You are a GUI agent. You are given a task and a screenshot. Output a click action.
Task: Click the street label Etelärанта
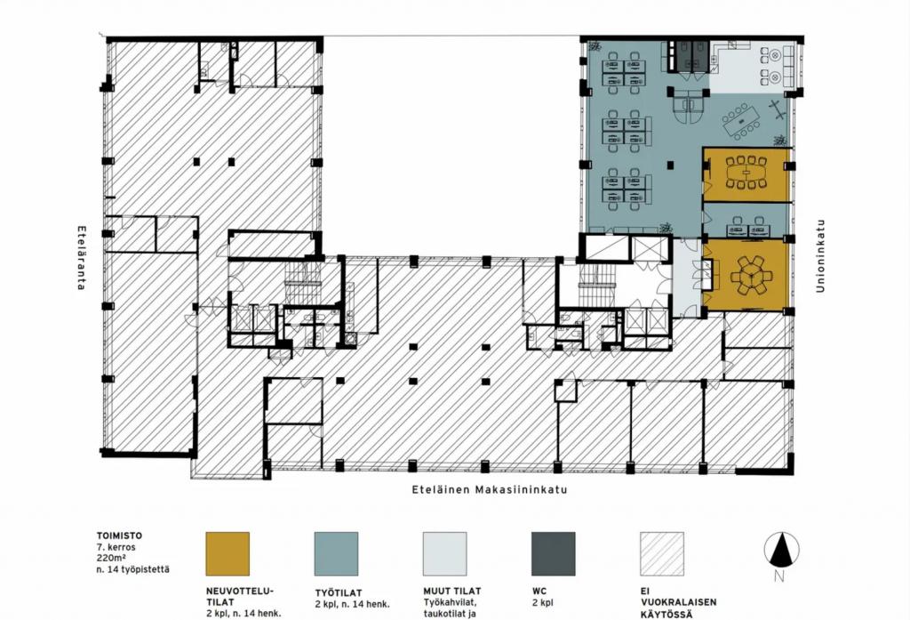[82, 258]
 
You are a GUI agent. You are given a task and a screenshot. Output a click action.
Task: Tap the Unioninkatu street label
[820, 255]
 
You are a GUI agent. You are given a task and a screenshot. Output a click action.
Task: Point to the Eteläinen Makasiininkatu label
[490, 489]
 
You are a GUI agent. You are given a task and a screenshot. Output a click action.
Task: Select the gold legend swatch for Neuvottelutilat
[227, 554]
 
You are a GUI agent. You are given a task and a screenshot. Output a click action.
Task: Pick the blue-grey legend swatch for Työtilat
[336, 554]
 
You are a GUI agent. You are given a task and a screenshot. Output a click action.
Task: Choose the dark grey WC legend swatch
[553, 554]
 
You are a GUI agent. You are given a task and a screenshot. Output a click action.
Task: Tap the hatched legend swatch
[661, 554]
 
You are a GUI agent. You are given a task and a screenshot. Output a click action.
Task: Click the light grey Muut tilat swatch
[444, 554]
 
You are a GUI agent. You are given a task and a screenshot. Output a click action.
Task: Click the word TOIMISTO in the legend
[119, 535]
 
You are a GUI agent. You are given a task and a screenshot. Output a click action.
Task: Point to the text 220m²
[110, 559]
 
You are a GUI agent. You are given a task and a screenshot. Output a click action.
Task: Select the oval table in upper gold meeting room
[746, 172]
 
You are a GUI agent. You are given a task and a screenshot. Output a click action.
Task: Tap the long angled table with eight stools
[741, 122]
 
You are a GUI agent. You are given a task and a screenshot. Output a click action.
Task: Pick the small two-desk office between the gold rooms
[746, 221]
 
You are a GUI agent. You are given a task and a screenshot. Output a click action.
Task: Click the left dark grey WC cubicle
[683, 56]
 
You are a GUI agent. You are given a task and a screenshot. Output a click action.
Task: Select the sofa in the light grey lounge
[788, 65]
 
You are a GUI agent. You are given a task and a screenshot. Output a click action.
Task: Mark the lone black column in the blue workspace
[670, 165]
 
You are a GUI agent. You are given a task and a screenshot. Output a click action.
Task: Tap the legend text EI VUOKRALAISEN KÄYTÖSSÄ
[678, 602]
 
